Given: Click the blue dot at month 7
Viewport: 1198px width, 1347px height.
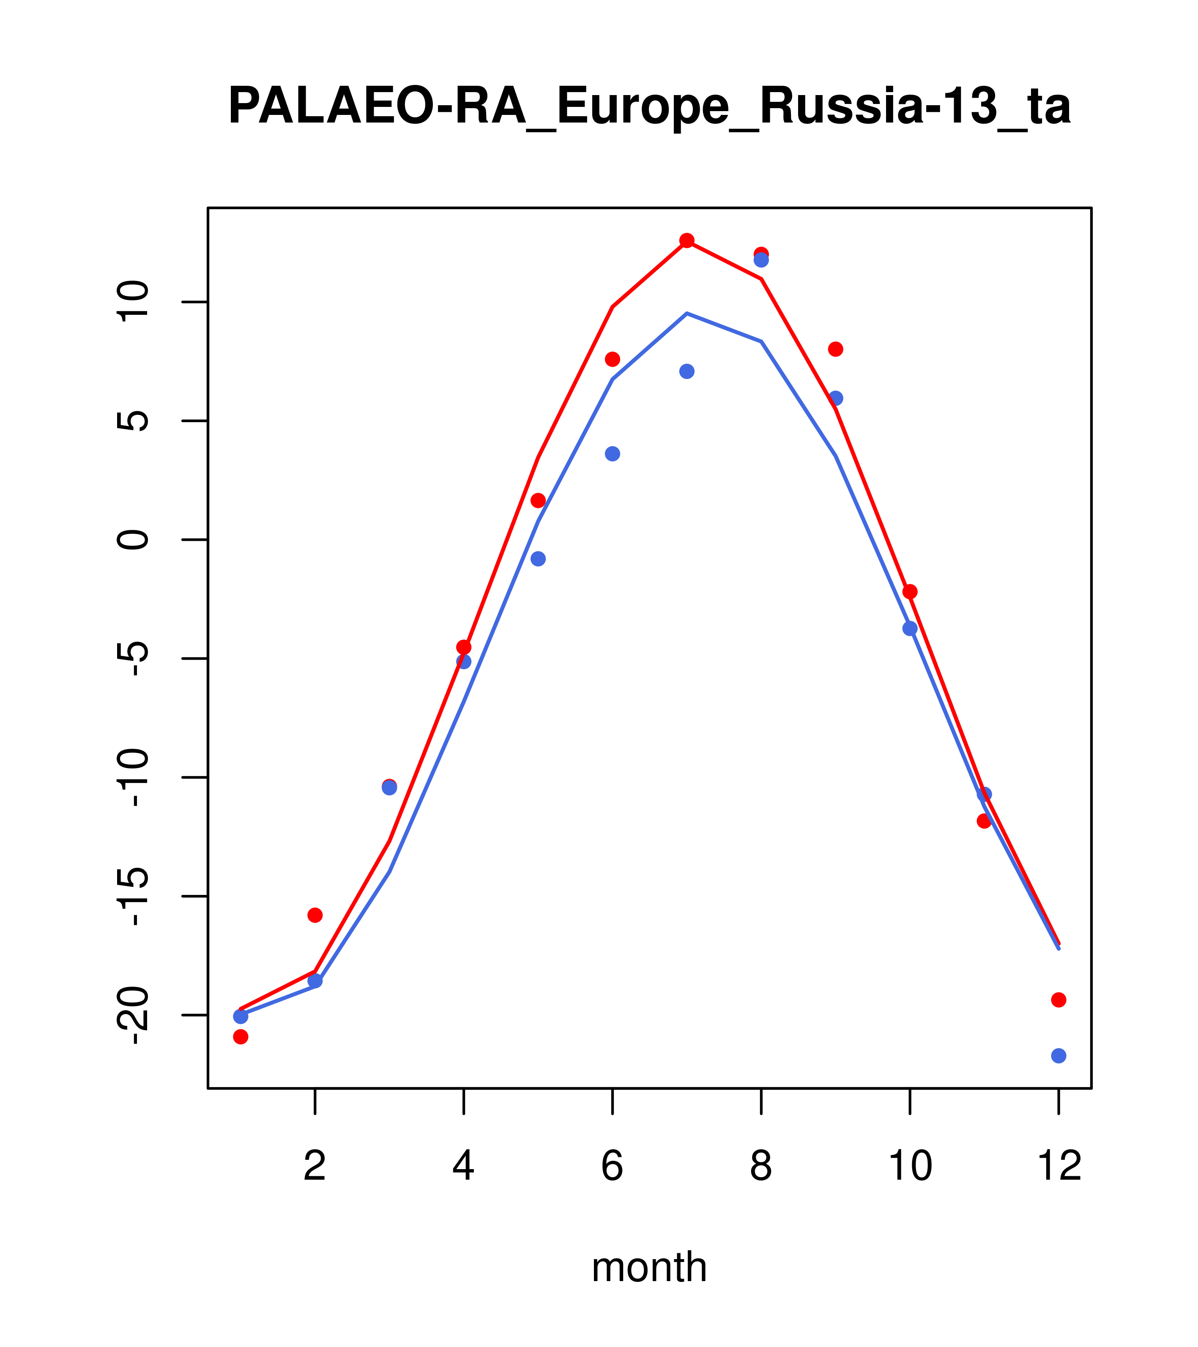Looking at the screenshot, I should [x=687, y=372].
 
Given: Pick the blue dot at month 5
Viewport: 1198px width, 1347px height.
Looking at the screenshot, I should [x=538, y=559].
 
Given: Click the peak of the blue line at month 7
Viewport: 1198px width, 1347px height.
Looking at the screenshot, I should [x=687, y=314].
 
